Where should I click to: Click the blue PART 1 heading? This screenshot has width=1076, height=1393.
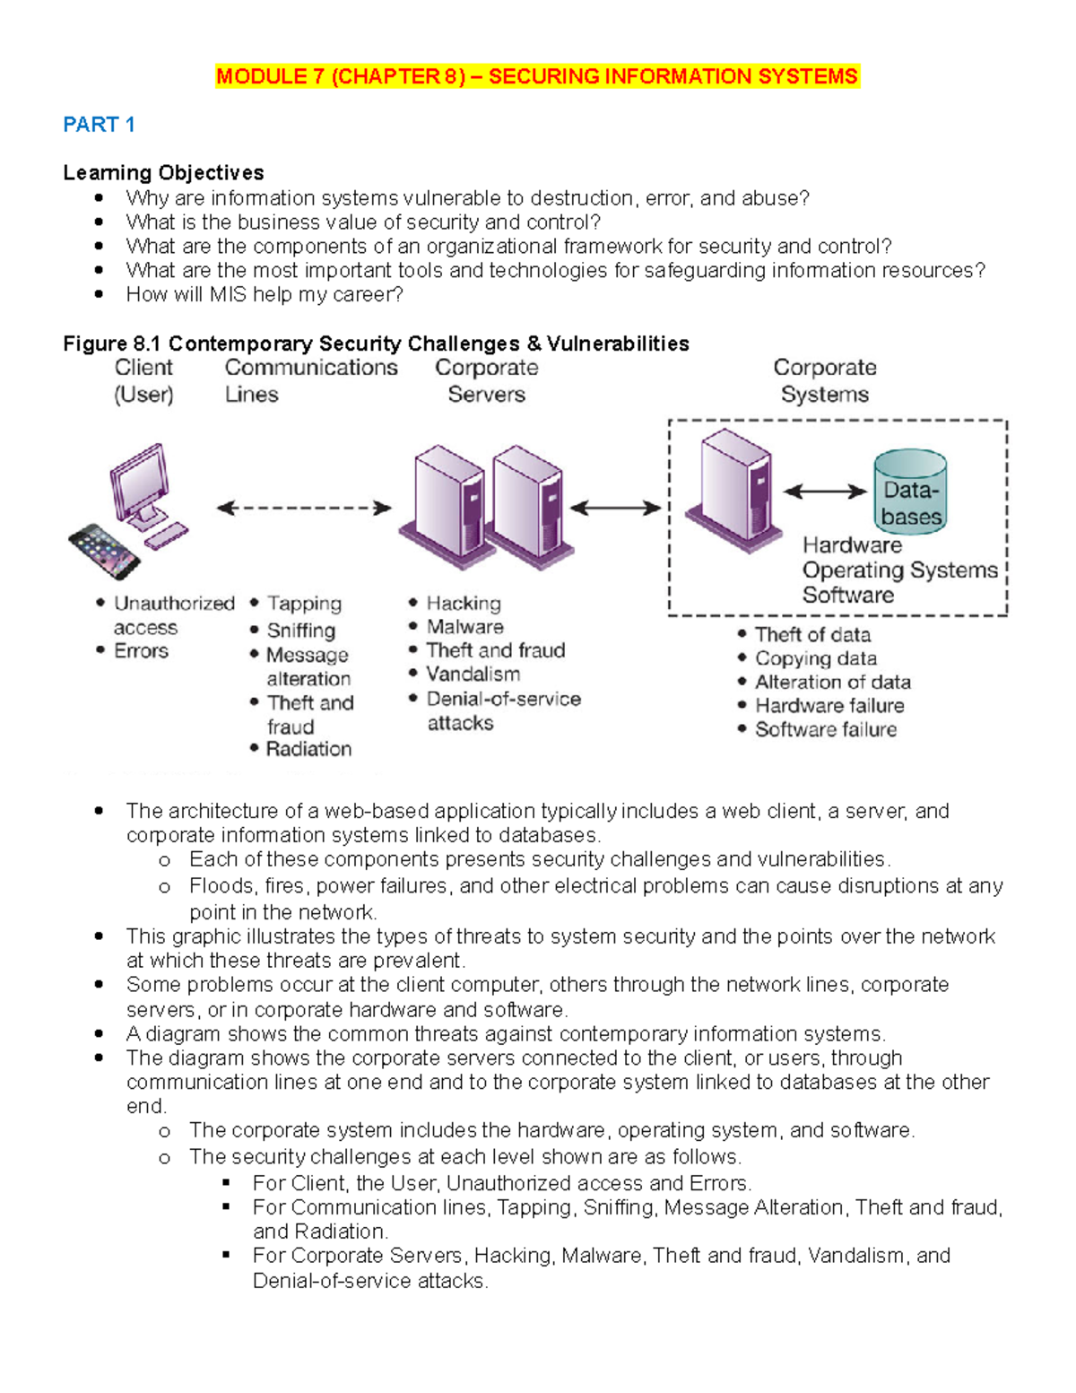(x=99, y=125)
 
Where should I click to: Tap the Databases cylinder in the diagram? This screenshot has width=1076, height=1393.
(x=910, y=492)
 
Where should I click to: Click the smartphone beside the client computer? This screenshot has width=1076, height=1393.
(x=104, y=551)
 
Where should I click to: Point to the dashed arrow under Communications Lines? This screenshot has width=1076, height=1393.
(x=305, y=509)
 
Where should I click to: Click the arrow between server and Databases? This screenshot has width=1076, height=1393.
(x=825, y=492)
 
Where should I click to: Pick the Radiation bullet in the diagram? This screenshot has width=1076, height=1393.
(x=308, y=749)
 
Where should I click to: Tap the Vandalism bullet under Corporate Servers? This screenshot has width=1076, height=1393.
(x=473, y=675)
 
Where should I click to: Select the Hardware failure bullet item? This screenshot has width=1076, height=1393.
(x=829, y=706)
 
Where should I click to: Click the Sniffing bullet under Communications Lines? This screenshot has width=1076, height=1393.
(x=301, y=631)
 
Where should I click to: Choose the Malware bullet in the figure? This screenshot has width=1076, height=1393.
(x=464, y=627)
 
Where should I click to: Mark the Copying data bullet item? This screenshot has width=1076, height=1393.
(x=816, y=658)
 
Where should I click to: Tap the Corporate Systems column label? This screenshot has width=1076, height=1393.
(x=825, y=380)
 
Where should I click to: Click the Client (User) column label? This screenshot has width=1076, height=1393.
(x=143, y=380)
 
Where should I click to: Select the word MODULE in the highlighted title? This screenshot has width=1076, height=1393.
(x=261, y=77)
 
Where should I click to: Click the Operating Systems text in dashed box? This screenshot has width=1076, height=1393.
(x=899, y=570)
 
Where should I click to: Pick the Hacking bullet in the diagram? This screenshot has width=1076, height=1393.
(x=464, y=604)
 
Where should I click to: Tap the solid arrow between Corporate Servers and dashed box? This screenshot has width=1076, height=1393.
(x=615, y=509)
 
